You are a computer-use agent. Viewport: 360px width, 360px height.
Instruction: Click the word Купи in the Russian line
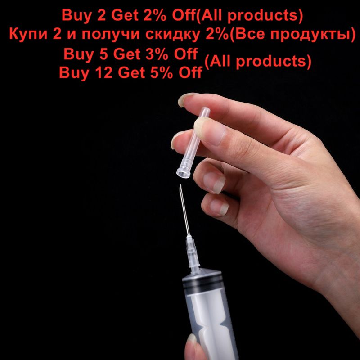click(28, 34)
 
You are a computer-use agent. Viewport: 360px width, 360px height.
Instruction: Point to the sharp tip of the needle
click(180, 185)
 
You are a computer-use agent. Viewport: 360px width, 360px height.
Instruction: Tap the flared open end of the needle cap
click(183, 172)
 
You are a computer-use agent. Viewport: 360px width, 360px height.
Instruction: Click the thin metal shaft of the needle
click(185, 210)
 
